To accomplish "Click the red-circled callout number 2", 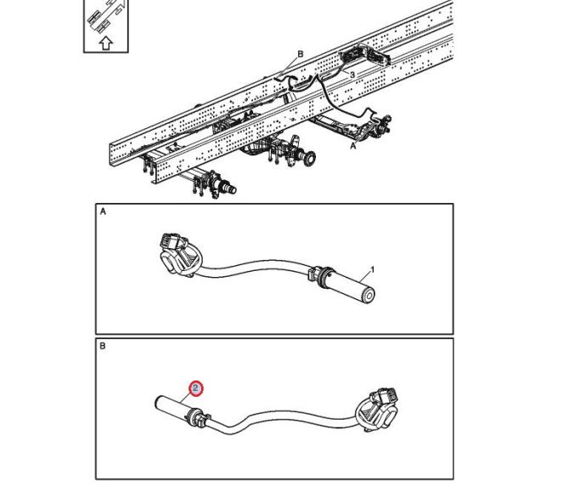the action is click(x=195, y=388).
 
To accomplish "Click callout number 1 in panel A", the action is click(x=372, y=270).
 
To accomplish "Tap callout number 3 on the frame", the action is click(x=352, y=75).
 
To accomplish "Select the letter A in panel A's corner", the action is click(x=103, y=212).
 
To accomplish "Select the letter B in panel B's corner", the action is click(x=103, y=346).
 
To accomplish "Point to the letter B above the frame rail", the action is click(x=301, y=54).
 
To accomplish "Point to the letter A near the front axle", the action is click(x=353, y=146).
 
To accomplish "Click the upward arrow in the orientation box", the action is click(x=105, y=42).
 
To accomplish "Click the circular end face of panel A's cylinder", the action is click(x=369, y=296).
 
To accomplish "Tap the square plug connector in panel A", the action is click(x=170, y=240).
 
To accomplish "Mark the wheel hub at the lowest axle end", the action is click(x=229, y=189).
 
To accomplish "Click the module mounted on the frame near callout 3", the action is click(x=364, y=56).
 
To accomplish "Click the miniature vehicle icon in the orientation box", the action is click(x=106, y=16).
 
